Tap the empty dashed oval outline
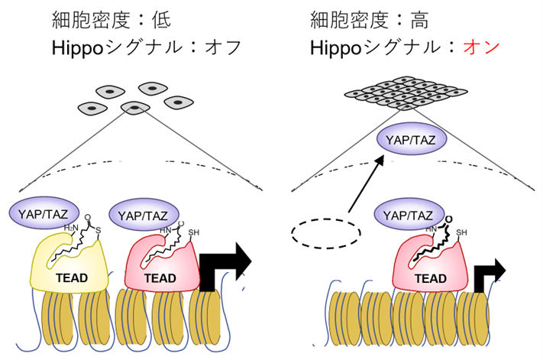coord(326,232)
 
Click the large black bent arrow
coord(226,264)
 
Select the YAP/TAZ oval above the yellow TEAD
coord(42,212)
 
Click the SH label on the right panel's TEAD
coord(463,232)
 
